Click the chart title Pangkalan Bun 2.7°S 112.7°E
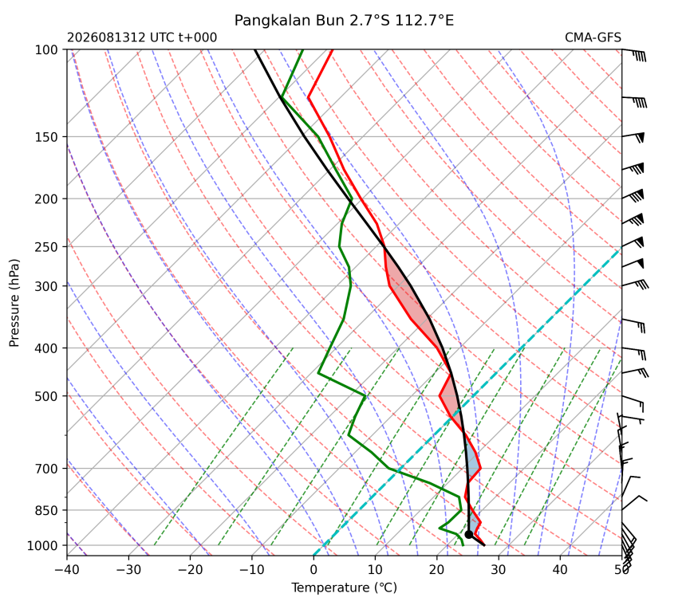344,20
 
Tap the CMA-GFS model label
593,37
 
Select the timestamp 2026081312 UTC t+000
142,37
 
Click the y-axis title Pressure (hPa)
14,303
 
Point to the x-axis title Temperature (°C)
344,587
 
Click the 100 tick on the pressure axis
46,50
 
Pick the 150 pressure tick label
46,137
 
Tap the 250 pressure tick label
46,247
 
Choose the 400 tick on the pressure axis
46,348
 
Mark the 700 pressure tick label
46,469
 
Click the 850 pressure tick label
46,510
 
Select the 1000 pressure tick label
42,545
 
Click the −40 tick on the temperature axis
67,570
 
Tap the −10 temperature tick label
252,570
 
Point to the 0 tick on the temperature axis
313,570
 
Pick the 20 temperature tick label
436,570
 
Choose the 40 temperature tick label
560,570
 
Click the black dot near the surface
468,534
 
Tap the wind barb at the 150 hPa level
633,137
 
